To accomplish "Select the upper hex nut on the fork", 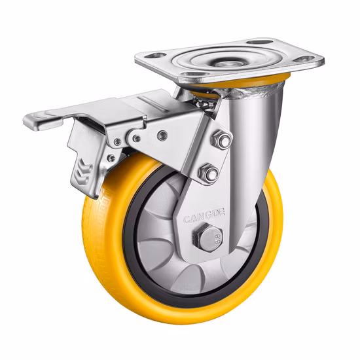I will [221, 140].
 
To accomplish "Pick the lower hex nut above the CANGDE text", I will [209, 174].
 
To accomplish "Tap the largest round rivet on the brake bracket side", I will [162, 135].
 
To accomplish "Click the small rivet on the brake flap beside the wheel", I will [111, 158].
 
